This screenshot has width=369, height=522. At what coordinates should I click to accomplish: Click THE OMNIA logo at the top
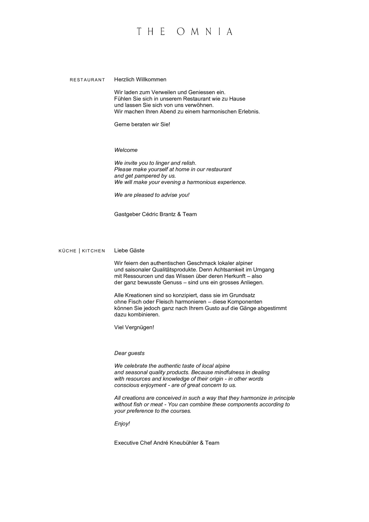tap(184, 32)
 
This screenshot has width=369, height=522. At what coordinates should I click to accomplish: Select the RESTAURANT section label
tap(87, 80)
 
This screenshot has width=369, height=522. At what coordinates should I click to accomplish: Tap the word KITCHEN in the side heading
tap(93, 251)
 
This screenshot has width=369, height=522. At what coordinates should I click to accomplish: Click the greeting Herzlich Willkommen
tap(140, 80)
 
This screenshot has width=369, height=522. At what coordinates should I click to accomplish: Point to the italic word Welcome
tap(126, 150)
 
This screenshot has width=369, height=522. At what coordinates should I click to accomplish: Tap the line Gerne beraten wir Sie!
tap(142, 124)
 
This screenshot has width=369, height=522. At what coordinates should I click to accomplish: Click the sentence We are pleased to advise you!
tap(152, 195)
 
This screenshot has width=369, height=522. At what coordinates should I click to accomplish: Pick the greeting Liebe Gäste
tap(129, 250)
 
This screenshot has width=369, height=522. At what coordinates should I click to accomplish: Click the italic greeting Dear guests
tap(129, 353)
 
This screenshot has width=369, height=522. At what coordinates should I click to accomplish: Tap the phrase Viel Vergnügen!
tap(134, 327)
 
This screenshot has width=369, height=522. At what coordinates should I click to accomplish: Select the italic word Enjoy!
tap(122, 424)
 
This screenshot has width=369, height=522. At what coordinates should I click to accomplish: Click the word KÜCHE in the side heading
tap(68, 251)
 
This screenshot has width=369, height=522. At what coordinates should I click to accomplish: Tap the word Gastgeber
tap(127, 214)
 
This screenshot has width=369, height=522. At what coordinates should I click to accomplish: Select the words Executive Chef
tap(133, 443)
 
